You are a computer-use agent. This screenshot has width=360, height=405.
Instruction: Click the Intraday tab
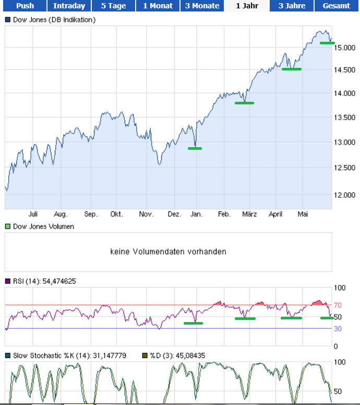pyautogui.click(x=69, y=6)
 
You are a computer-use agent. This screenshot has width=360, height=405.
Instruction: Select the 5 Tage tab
pyautogui.click(x=114, y=6)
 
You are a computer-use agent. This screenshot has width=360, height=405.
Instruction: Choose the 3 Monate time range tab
pyautogui.click(x=202, y=6)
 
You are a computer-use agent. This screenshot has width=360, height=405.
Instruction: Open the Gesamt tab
pyautogui.click(x=337, y=6)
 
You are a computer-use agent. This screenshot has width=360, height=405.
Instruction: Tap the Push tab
pyautogui.click(x=25, y=6)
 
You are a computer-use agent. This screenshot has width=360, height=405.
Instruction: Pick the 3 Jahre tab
pyautogui.click(x=292, y=6)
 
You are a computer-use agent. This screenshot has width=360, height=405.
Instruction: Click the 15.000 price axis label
pyautogui.click(x=345, y=48)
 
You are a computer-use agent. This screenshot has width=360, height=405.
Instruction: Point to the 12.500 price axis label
pyautogui.click(x=345, y=168)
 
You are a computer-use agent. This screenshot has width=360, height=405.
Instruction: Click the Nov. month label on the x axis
pyautogui.click(x=146, y=214)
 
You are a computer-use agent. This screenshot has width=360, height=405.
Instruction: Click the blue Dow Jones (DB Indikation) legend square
pyautogui.click(x=8, y=20)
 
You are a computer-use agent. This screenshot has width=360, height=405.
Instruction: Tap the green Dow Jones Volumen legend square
pyautogui.click(x=8, y=227)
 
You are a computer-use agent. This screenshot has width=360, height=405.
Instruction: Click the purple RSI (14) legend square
pyautogui.click(x=8, y=281)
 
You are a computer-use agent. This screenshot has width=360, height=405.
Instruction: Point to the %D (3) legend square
pyautogui.click(x=145, y=356)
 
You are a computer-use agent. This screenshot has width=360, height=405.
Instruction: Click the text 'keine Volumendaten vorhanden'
pyautogui.click(x=168, y=252)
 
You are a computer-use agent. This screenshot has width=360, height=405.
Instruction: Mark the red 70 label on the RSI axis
pyautogui.click(x=338, y=305)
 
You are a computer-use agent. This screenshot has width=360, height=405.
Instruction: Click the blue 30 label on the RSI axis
pyautogui.click(x=338, y=328)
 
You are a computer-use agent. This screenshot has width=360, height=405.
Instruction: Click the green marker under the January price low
pyautogui.click(x=195, y=149)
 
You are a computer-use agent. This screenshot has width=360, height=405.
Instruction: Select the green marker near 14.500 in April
pyautogui.click(x=291, y=69)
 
